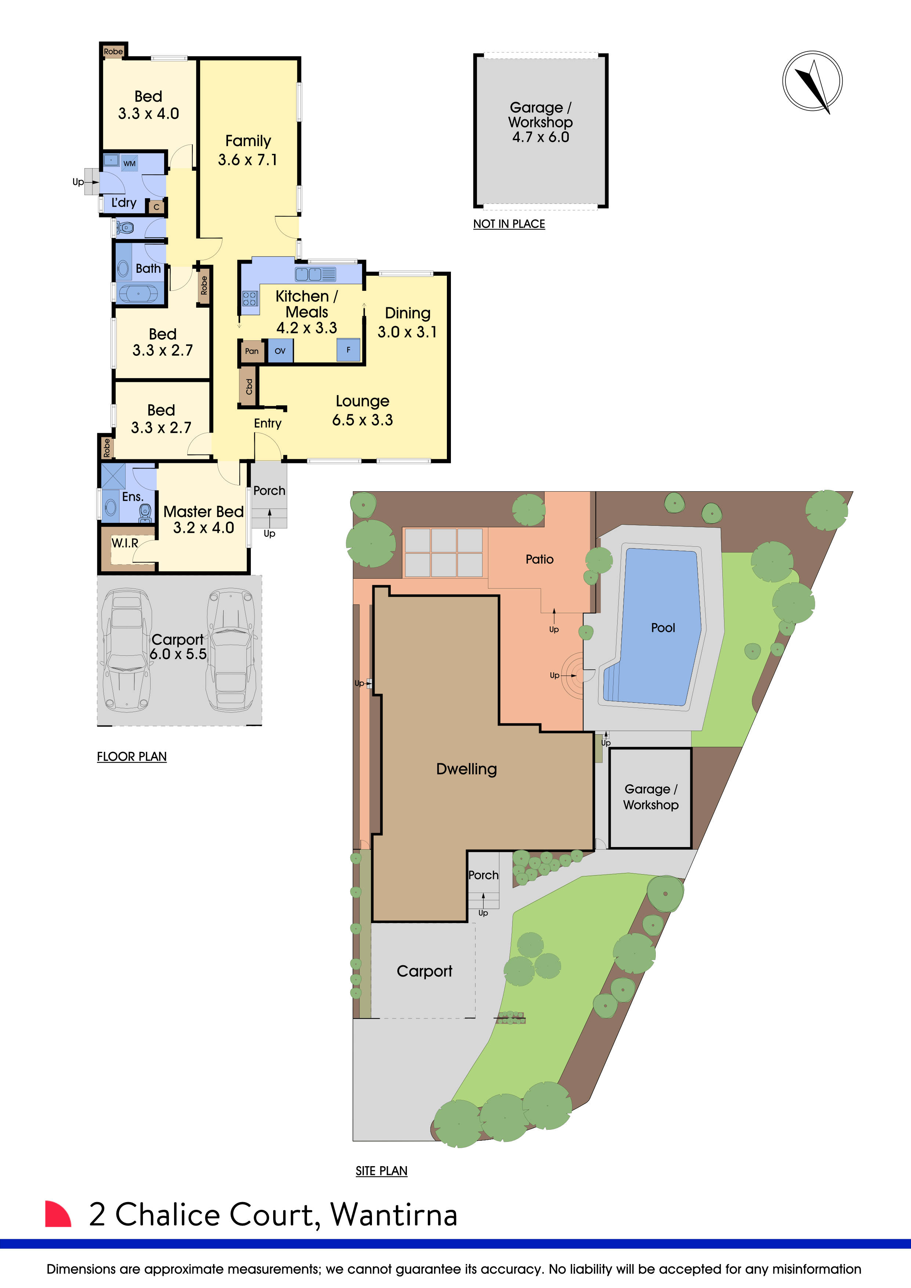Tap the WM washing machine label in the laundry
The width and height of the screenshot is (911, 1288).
pyautogui.click(x=130, y=164)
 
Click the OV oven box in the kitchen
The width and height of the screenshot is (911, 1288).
pyautogui.click(x=280, y=351)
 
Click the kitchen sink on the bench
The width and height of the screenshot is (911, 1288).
pyautogui.click(x=315, y=274)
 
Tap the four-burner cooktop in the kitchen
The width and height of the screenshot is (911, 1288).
pyautogui.click(x=250, y=299)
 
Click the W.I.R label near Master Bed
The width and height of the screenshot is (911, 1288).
pyautogui.click(x=124, y=543)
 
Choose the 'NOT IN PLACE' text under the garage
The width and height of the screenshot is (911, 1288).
pyautogui.click(x=509, y=224)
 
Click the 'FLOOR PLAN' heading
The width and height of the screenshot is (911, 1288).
pyautogui.click(x=132, y=756)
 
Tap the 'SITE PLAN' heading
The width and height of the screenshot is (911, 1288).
pyautogui.click(x=382, y=1171)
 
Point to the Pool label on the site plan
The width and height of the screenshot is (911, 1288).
pyautogui.click(x=662, y=628)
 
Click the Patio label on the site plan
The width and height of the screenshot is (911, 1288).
pyautogui.click(x=539, y=559)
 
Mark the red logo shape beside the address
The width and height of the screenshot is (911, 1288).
pyautogui.click(x=58, y=1215)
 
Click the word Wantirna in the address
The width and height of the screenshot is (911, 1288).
pyautogui.click(x=394, y=1215)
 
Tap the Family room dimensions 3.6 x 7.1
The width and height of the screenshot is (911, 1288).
pyautogui.click(x=247, y=160)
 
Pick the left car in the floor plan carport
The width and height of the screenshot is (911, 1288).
pyautogui.click(x=127, y=650)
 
